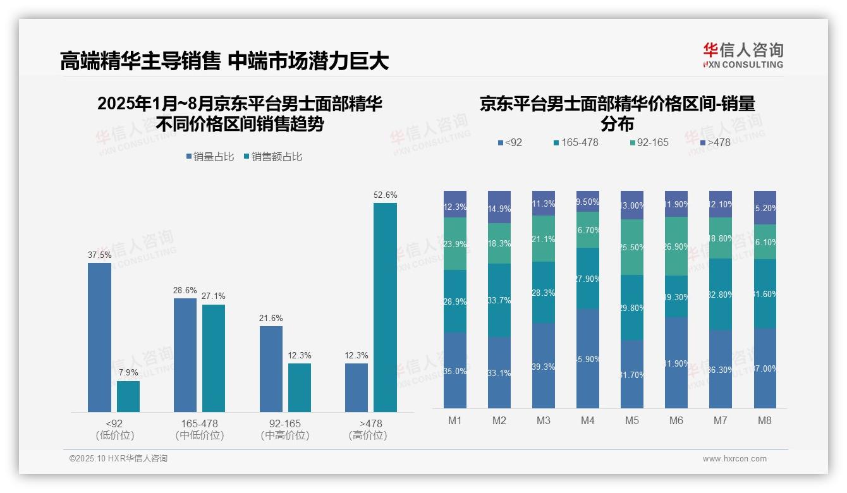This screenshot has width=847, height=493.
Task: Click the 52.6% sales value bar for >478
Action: [x=385, y=307]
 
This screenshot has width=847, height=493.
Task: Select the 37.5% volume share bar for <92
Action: [x=99, y=338]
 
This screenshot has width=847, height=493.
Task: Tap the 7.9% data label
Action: [x=128, y=372]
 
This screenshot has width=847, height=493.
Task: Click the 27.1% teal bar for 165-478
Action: [x=214, y=358]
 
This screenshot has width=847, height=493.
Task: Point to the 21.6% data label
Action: [x=271, y=318]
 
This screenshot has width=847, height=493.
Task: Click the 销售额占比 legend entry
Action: [x=272, y=157]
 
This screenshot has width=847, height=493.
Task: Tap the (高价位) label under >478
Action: [x=367, y=435]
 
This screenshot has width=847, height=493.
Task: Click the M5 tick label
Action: [x=632, y=420]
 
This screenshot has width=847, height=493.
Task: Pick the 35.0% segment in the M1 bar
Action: [x=455, y=370]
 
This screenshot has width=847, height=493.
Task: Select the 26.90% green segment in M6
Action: [x=676, y=246]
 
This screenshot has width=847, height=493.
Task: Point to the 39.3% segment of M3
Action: [x=544, y=365]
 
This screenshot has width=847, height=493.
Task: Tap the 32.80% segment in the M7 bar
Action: [x=721, y=294]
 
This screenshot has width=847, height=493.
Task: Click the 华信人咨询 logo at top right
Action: [x=743, y=55]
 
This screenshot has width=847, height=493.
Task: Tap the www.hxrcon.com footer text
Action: [x=734, y=459]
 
